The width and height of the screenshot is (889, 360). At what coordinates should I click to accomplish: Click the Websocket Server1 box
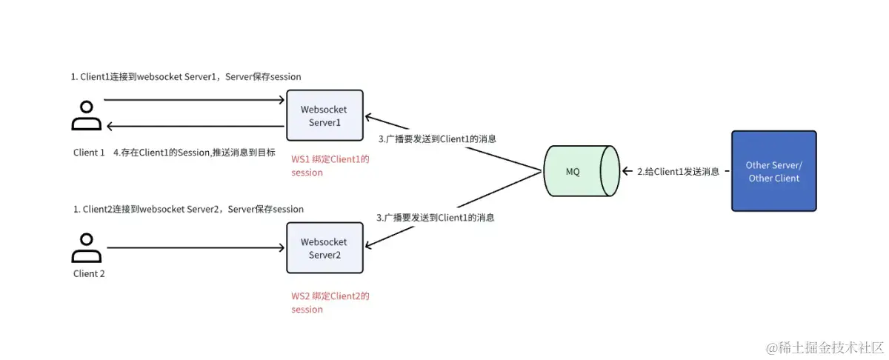coord(324,116)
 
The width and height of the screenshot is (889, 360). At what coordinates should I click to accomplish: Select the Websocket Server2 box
coord(324,248)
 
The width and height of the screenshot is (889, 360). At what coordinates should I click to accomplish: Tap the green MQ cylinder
coord(582,171)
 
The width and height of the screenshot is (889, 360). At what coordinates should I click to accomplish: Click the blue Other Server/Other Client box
coord(773,171)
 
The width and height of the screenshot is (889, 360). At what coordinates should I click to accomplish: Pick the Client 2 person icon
coord(87,249)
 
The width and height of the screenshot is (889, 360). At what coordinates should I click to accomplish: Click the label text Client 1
coord(90,153)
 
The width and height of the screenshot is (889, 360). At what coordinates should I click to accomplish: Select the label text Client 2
coord(89,273)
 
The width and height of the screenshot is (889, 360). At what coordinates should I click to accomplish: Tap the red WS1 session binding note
coord(330,166)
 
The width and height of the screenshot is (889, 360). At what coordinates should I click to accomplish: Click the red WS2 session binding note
coord(330,302)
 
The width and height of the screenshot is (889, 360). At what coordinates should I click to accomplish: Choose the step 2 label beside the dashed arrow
coord(678,171)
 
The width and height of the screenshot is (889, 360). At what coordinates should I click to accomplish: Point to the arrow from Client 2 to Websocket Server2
coord(196,248)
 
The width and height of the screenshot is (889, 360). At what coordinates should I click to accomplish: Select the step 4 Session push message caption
coord(194,153)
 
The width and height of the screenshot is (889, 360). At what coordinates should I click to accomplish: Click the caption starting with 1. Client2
coord(188,209)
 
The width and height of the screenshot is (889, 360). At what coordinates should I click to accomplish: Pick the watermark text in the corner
coord(824,347)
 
